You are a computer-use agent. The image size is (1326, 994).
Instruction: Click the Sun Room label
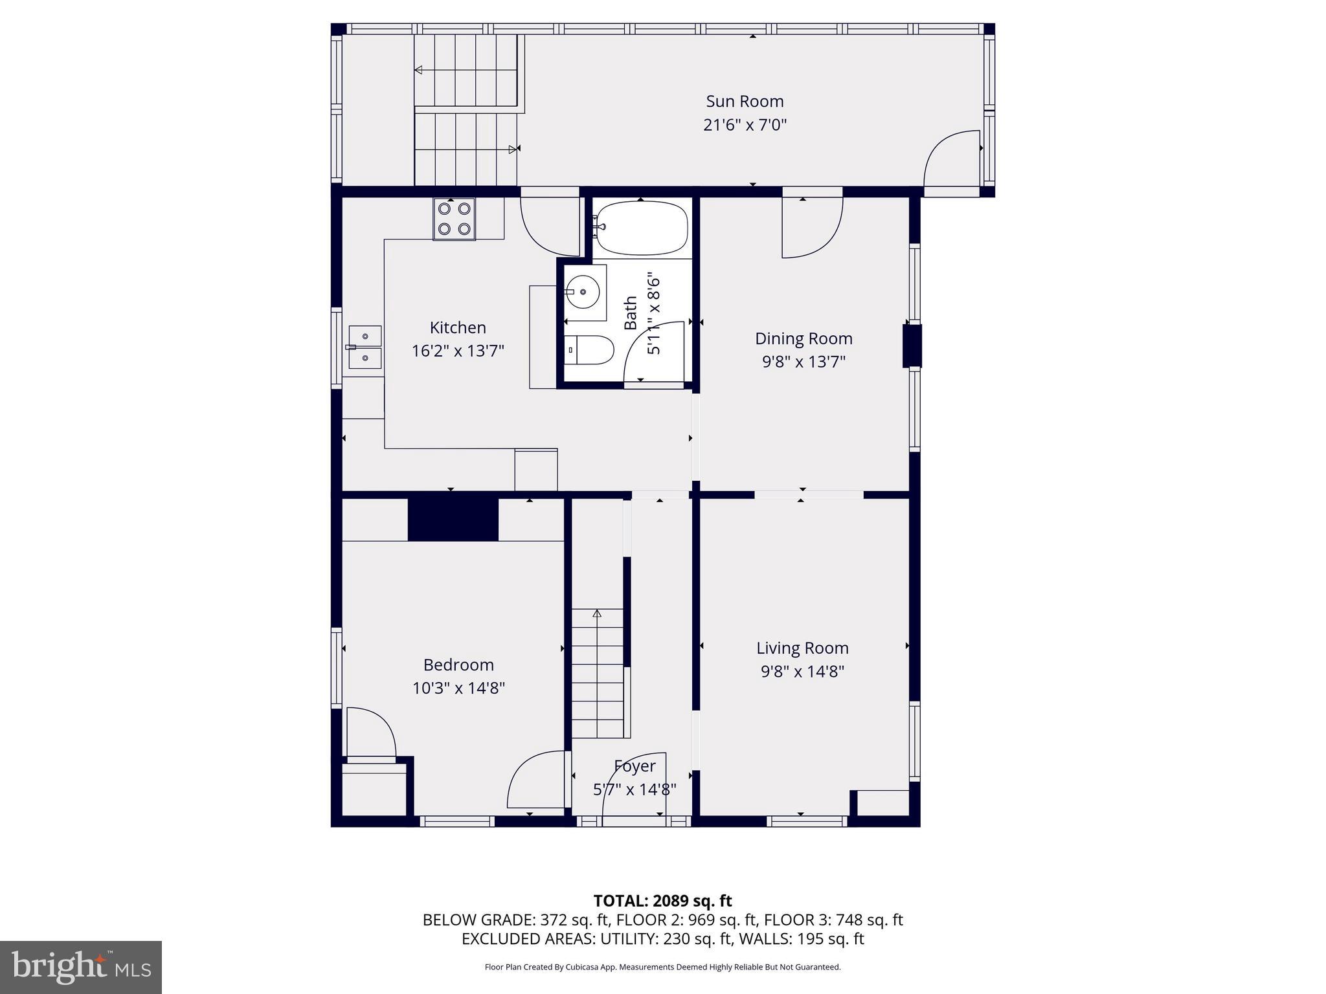click(x=745, y=102)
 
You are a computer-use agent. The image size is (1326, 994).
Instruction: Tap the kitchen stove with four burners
click(x=454, y=219)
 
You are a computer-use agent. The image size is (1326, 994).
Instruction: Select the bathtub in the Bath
click(x=641, y=228)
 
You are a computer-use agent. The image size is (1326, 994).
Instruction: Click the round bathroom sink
click(x=585, y=293)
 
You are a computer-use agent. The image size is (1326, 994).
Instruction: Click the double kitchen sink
click(x=365, y=348)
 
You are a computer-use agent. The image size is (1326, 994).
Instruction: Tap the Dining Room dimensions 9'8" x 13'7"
click(x=803, y=362)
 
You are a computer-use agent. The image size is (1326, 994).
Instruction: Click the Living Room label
click(x=802, y=648)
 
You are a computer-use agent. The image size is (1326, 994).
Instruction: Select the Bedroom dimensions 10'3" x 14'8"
click(x=458, y=688)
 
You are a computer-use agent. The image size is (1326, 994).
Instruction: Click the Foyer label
click(x=635, y=766)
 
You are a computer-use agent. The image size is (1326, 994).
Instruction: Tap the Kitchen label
click(x=458, y=327)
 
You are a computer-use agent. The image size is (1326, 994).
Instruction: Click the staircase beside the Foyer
click(x=597, y=673)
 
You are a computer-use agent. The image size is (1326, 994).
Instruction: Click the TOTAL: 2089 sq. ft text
click(x=662, y=901)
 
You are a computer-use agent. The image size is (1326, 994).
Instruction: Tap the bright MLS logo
click(x=81, y=967)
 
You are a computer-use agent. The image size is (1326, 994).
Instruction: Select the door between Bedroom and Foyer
click(x=537, y=779)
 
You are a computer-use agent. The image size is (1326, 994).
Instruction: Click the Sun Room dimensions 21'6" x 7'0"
click(x=745, y=125)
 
